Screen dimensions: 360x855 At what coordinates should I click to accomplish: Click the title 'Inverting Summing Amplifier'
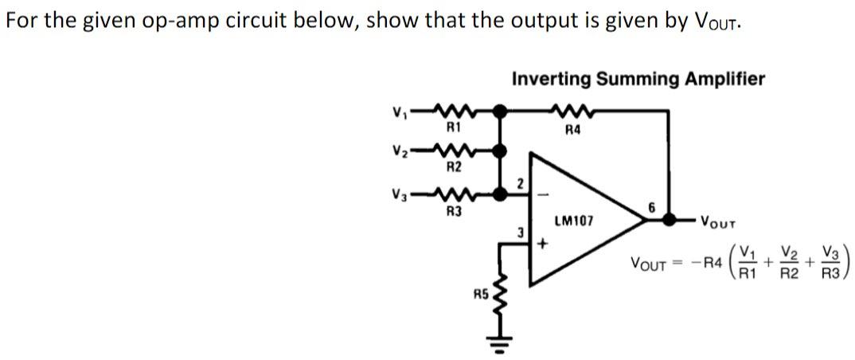pyautogui.click(x=638, y=79)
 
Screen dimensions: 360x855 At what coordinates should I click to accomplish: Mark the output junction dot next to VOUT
pyautogui.click(x=673, y=218)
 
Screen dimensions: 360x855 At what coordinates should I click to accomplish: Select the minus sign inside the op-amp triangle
pyautogui.click(x=545, y=193)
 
